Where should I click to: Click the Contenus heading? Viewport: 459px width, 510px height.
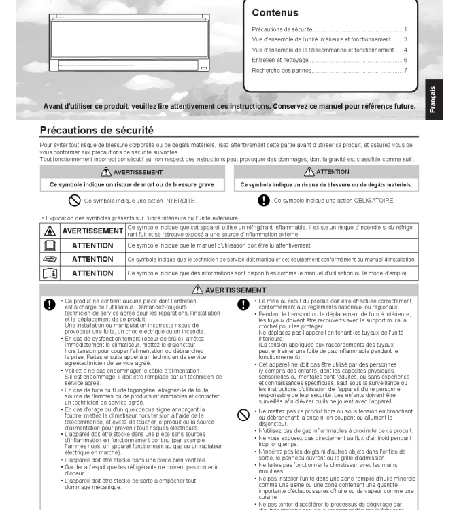click(275, 12)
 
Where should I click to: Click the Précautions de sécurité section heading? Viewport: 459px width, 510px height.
click(97, 130)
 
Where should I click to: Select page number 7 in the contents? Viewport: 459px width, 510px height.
click(405, 70)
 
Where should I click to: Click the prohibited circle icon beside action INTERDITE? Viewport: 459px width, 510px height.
click(75, 201)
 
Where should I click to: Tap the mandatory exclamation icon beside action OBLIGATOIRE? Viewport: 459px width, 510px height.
click(264, 201)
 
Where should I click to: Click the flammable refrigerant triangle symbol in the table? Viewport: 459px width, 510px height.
click(50, 231)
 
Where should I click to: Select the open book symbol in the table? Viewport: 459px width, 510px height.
click(50, 245)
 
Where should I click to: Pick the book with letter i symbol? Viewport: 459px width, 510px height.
click(50, 273)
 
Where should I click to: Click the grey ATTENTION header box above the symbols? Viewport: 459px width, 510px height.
click(326, 172)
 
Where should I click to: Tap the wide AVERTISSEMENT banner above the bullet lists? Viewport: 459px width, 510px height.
click(229, 290)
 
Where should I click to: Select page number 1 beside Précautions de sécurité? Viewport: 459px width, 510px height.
click(405, 29)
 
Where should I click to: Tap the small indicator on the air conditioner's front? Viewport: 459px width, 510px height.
click(203, 68)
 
